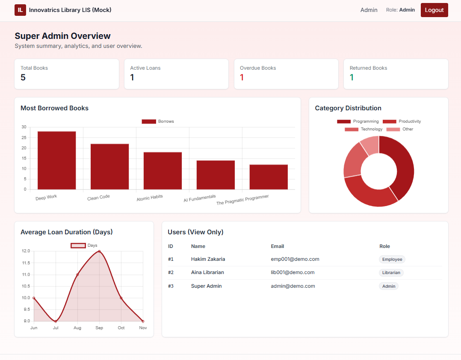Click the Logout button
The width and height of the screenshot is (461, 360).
point(434,10)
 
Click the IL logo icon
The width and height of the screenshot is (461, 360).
point(20,10)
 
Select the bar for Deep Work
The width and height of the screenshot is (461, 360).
point(56,160)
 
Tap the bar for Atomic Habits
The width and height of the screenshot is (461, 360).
point(163,171)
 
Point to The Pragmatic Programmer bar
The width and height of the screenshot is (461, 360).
point(269,177)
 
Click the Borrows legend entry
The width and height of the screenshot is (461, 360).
point(158,121)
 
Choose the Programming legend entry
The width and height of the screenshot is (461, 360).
point(358,121)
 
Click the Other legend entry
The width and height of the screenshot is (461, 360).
point(400,129)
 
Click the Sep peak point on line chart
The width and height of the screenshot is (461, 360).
point(99,251)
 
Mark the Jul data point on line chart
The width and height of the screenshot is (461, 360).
point(56,321)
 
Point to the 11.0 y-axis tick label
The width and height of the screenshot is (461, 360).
point(26,274)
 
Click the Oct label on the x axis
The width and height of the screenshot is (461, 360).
point(121,328)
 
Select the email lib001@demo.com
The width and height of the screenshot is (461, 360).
point(293,272)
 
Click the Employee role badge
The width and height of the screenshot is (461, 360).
point(392,259)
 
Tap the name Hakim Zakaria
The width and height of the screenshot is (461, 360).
point(208,259)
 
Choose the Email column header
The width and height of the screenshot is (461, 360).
point(277,246)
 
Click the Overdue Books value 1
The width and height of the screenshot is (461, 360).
point(242,77)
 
